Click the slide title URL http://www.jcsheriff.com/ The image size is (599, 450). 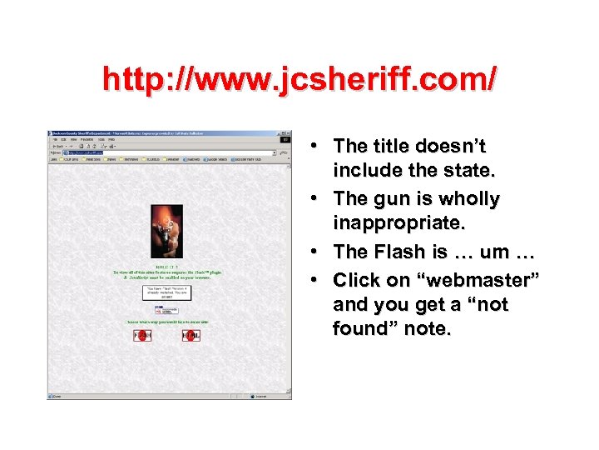coord(299,79)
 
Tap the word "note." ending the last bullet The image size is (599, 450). coord(426,329)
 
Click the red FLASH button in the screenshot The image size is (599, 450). coord(142,335)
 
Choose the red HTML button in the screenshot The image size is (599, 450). coord(191,335)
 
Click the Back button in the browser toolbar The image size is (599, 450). coord(58,146)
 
